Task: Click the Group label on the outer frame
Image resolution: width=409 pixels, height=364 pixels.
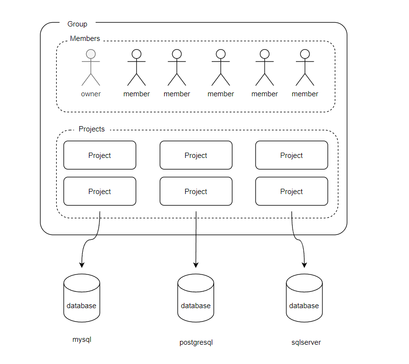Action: point(77,24)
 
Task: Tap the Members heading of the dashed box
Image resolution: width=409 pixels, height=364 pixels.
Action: point(85,39)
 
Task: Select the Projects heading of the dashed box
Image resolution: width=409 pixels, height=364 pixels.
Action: point(91,129)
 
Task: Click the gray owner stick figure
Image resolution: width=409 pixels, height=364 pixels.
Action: point(90,67)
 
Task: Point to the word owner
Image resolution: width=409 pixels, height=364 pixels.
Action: point(90,94)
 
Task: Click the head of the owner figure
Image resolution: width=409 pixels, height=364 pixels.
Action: point(90,53)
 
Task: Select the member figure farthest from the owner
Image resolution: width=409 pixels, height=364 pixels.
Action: point(305,67)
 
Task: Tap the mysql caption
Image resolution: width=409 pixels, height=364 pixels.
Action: point(82,339)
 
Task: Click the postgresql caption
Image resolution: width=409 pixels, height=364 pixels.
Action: point(196,343)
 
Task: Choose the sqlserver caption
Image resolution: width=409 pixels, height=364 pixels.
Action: point(306,342)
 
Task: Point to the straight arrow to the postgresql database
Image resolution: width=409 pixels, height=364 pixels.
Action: point(196,238)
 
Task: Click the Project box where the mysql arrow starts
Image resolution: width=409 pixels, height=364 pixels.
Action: point(100,191)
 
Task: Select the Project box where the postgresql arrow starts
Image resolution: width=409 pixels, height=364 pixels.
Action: point(196,191)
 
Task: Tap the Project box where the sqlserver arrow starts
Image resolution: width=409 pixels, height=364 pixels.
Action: point(292,191)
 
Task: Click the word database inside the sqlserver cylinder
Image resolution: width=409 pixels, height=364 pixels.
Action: point(304,306)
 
